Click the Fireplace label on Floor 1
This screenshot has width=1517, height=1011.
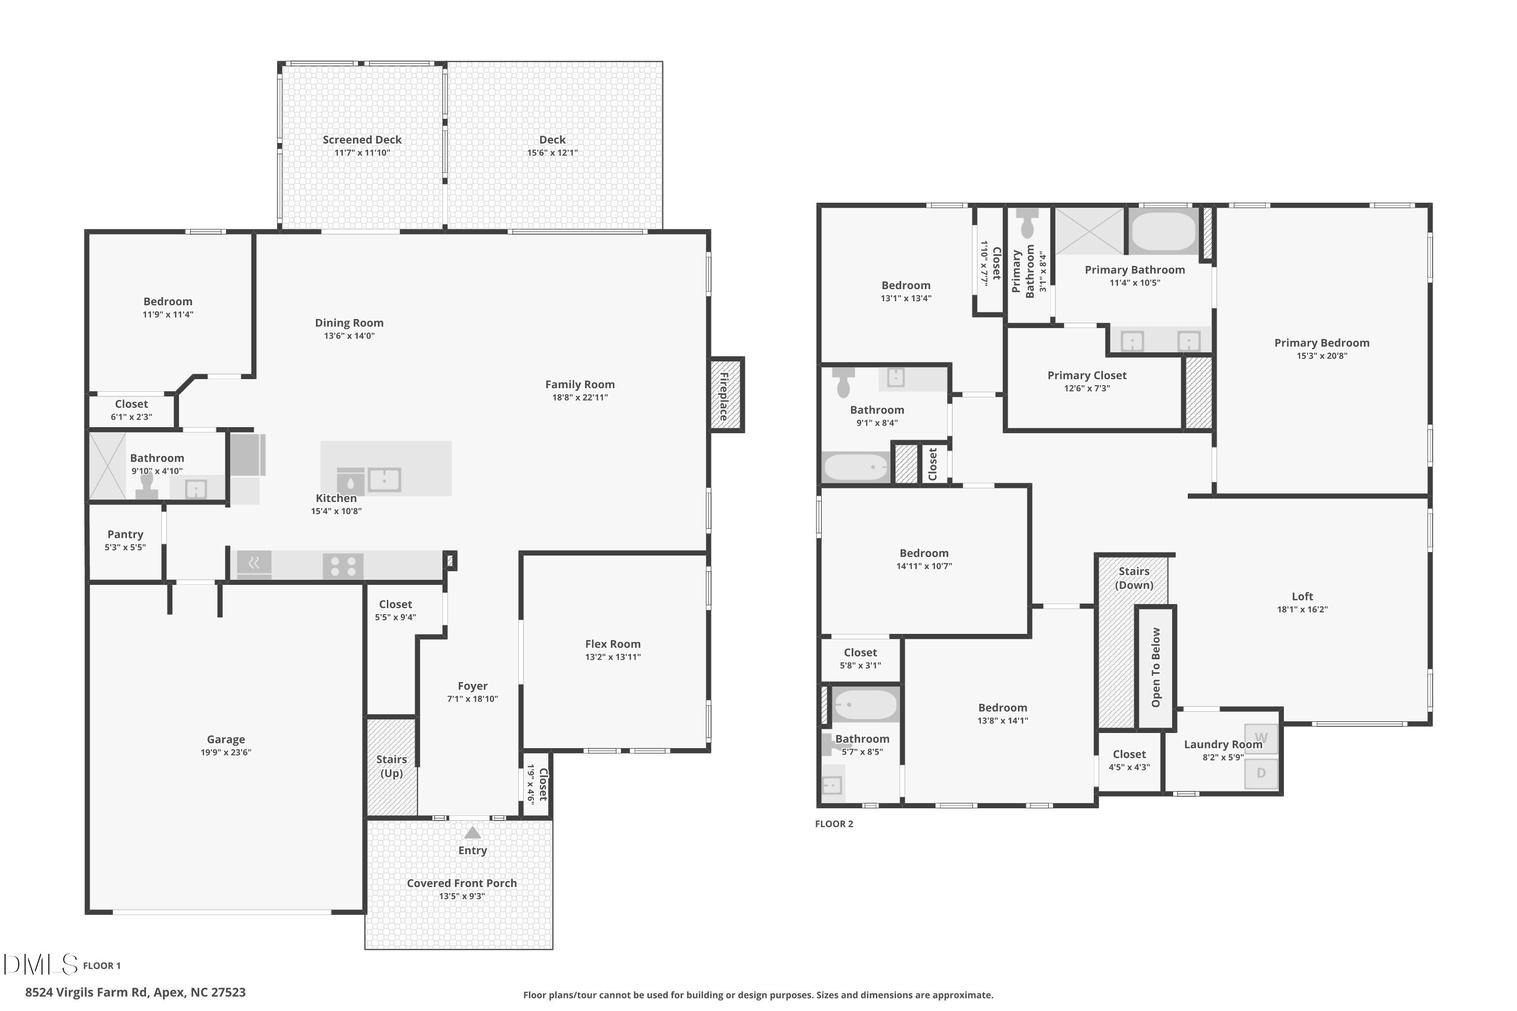coord(724,396)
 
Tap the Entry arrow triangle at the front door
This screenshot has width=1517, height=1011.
coord(473,833)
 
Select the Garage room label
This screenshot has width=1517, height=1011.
coord(226,740)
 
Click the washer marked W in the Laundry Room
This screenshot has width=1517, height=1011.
coord(1261,738)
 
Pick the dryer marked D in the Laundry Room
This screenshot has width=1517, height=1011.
coord(1261,773)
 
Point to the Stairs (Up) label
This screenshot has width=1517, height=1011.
coord(391,766)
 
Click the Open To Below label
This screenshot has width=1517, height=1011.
coord(1156,667)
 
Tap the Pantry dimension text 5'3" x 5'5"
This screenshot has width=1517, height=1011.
coord(125,547)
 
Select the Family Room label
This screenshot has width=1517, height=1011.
coord(580,384)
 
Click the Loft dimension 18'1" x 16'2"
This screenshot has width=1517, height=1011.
coord(1302,609)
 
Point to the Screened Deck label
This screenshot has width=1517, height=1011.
coord(362,140)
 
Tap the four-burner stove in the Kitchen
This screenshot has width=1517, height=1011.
coord(343,566)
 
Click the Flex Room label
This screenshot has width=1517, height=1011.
coord(613,644)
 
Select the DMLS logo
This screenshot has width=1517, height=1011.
coord(40,964)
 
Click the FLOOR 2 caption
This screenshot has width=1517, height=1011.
coord(834,824)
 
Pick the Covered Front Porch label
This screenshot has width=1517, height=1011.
coord(462,883)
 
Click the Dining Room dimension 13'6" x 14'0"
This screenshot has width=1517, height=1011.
coord(349,336)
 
